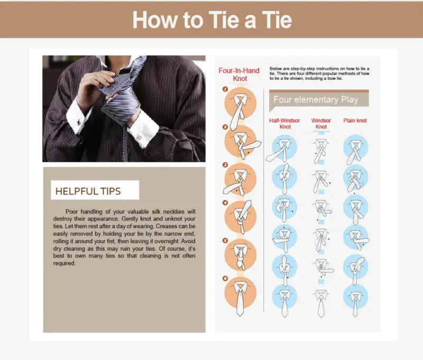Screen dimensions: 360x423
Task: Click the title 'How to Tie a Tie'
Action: click(x=212, y=20)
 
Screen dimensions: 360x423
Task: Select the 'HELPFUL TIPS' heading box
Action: click(x=95, y=190)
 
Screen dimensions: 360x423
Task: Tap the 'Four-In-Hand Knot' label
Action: click(x=239, y=75)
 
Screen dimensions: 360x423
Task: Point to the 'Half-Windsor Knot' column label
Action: click(x=284, y=124)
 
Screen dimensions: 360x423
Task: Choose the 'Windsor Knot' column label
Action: click(x=321, y=124)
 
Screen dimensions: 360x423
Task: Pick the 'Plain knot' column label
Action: click(x=355, y=121)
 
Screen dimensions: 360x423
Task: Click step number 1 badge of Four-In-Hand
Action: click(x=225, y=89)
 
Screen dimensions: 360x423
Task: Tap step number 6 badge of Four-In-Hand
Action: click(x=225, y=278)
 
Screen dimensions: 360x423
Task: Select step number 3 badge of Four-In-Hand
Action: click(x=225, y=164)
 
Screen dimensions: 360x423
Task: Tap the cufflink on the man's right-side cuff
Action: click(x=142, y=136)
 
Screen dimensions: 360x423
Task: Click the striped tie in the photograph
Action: click(x=119, y=95)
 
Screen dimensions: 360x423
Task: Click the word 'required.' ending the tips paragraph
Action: click(x=64, y=263)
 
